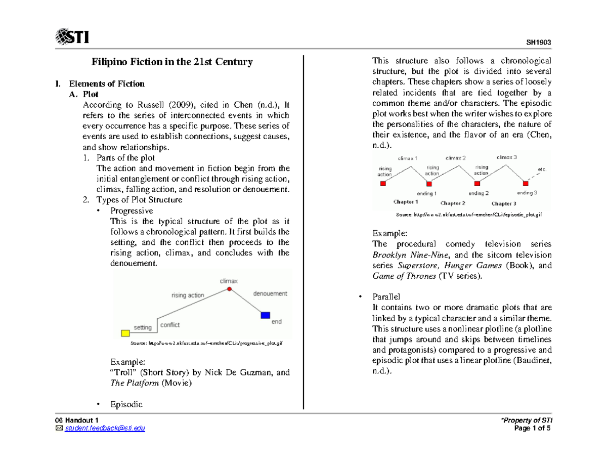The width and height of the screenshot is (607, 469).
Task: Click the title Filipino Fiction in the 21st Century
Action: pyautogui.click(x=171, y=62)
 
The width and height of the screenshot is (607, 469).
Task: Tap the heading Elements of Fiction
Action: pyautogui.click(x=107, y=83)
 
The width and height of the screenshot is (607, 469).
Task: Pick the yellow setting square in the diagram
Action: pyautogui.click(x=125, y=333)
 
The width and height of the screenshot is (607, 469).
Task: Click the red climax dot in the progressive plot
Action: pyautogui.click(x=229, y=289)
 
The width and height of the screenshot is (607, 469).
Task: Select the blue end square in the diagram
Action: pyautogui.click(x=265, y=315)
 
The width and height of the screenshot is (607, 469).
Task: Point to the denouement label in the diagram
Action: pyautogui.click(x=270, y=293)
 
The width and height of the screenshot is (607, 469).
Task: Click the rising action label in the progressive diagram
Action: pyautogui.click(x=188, y=295)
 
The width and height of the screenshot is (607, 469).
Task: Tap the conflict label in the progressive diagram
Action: pyautogui.click(x=170, y=325)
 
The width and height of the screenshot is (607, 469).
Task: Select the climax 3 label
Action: pyautogui.click(x=506, y=157)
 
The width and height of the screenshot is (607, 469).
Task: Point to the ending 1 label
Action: pyautogui.click(x=427, y=193)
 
